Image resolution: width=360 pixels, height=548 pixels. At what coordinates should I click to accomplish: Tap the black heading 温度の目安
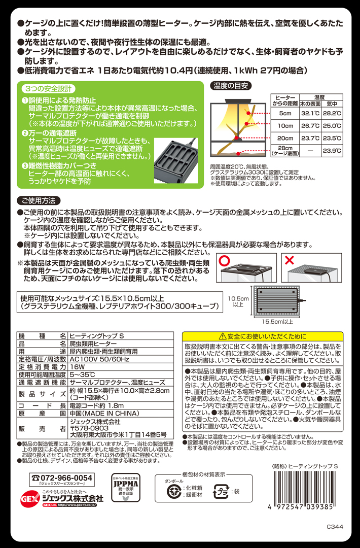pos(231,86)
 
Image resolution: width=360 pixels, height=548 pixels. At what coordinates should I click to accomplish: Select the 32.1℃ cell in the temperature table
pos(310,113)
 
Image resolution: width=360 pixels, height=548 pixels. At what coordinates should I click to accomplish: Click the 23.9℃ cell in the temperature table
pos(332,151)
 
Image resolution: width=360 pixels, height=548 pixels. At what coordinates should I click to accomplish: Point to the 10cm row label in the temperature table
pos(285,125)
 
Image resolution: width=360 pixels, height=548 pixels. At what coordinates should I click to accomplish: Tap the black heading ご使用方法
pos(39,200)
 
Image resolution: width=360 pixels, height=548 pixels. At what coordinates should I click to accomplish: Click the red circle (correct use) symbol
pos(224,260)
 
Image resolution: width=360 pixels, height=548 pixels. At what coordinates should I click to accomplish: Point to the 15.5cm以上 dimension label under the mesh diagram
pos(277,322)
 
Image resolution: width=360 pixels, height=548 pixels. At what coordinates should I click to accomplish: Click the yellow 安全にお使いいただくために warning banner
pos(263,336)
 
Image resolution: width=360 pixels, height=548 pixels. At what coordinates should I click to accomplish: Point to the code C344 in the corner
pos(335,527)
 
